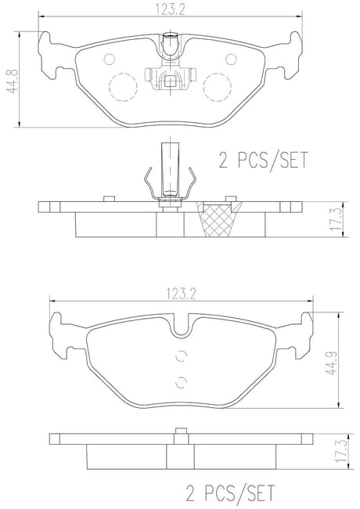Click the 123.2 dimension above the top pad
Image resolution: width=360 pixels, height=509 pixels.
tap(171, 9)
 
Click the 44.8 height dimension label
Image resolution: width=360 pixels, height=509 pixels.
tap(13, 81)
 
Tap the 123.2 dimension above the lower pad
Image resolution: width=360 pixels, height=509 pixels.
tap(181, 294)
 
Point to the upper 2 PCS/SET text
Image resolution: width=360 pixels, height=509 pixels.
tap(263, 160)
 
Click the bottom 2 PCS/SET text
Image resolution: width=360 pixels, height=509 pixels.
tap(230, 493)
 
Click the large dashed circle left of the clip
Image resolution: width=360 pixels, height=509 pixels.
tap(123, 87)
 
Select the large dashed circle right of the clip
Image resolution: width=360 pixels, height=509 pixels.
tap(218, 87)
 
